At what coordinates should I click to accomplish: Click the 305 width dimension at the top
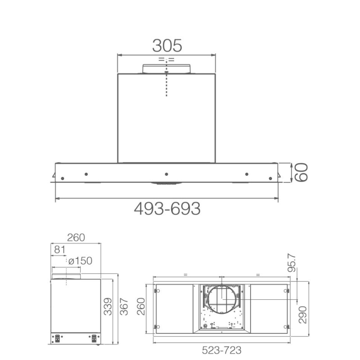(x=167, y=45)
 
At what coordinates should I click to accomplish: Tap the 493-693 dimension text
(x=167, y=208)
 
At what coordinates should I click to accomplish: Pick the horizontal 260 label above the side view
(x=76, y=238)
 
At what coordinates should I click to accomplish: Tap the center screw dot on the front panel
(x=166, y=174)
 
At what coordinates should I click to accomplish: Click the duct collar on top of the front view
(x=166, y=69)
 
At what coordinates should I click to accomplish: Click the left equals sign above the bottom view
(x=185, y=274)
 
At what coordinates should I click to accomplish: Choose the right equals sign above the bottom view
(x=258, y=274)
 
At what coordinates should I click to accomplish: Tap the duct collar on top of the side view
(x=67, y=276)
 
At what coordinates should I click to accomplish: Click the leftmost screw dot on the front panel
(x=62, y=179)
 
